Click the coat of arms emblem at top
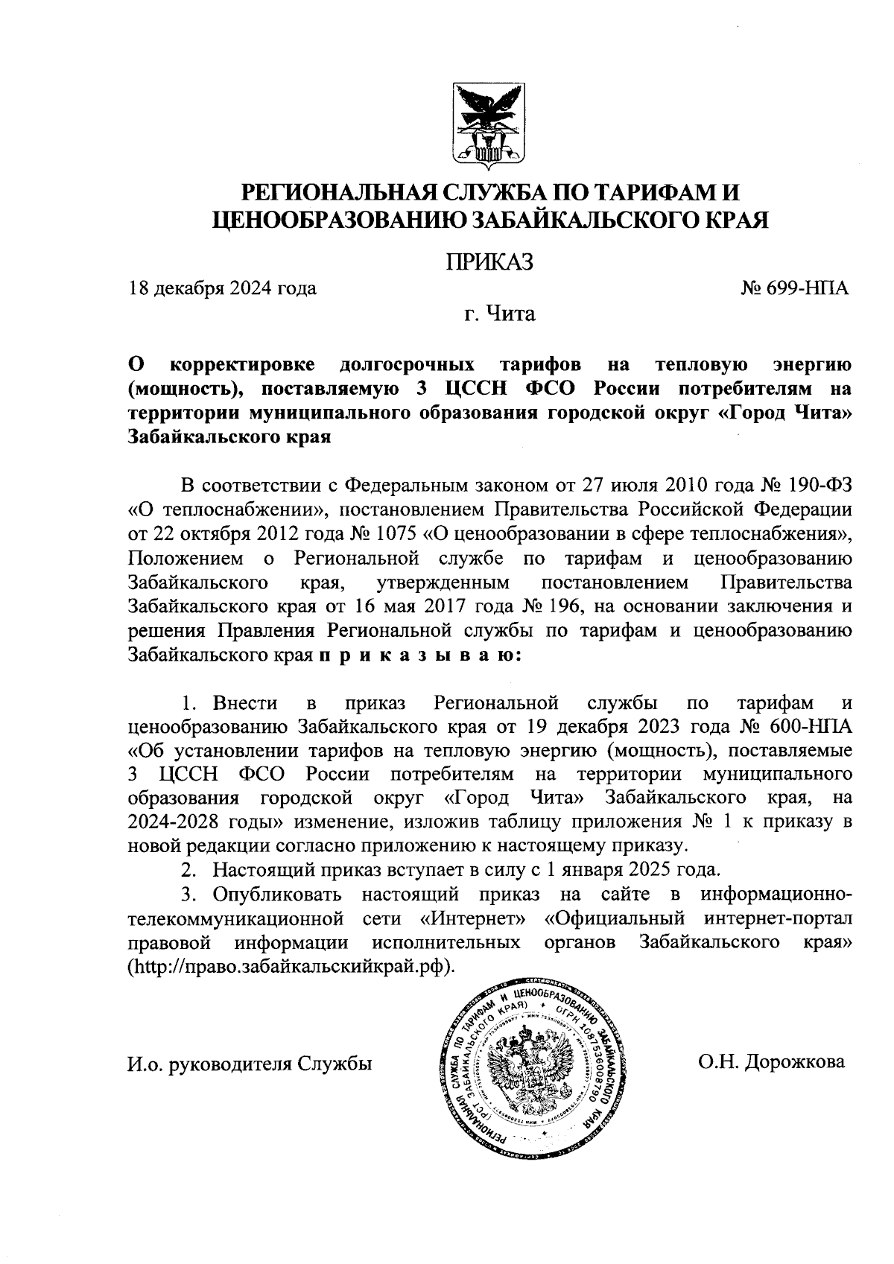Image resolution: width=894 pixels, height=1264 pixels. (489, 124)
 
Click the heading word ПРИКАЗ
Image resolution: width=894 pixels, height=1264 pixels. (489, 262)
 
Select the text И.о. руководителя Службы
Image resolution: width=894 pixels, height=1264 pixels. (250, 1063)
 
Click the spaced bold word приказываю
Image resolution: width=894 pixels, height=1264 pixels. (421, 655)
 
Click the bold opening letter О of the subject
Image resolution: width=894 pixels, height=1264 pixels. (136, 364)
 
